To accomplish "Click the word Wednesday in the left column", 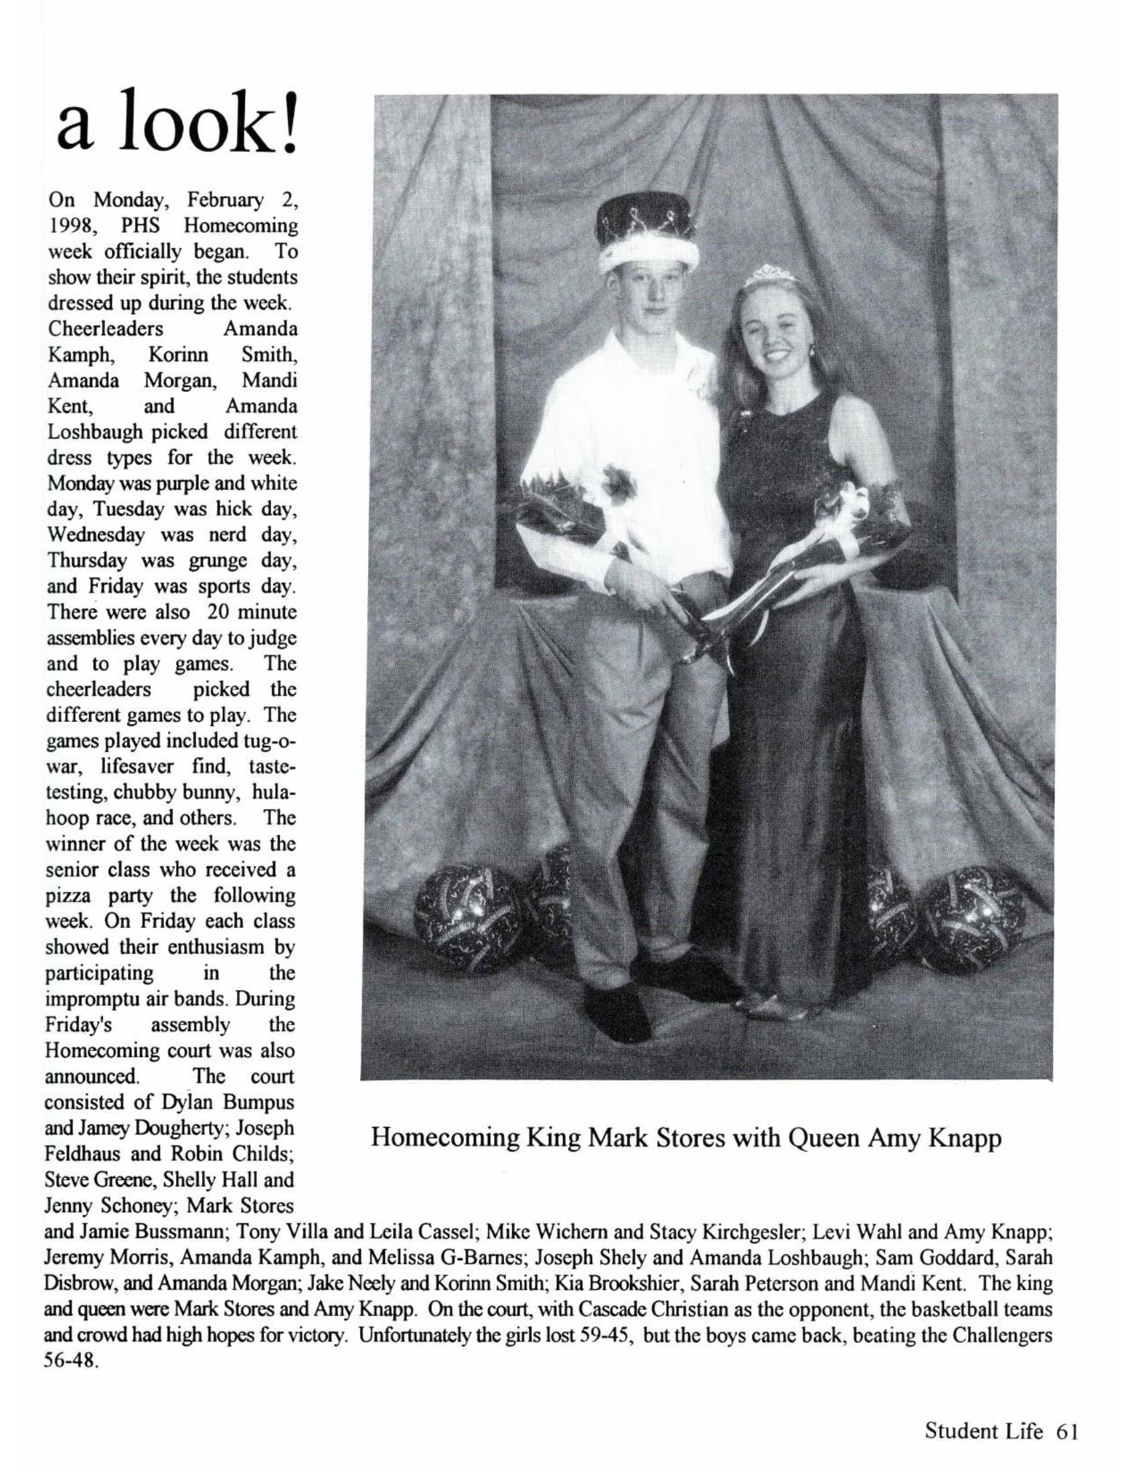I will point(96,535).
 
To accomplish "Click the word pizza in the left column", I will point(72,895).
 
